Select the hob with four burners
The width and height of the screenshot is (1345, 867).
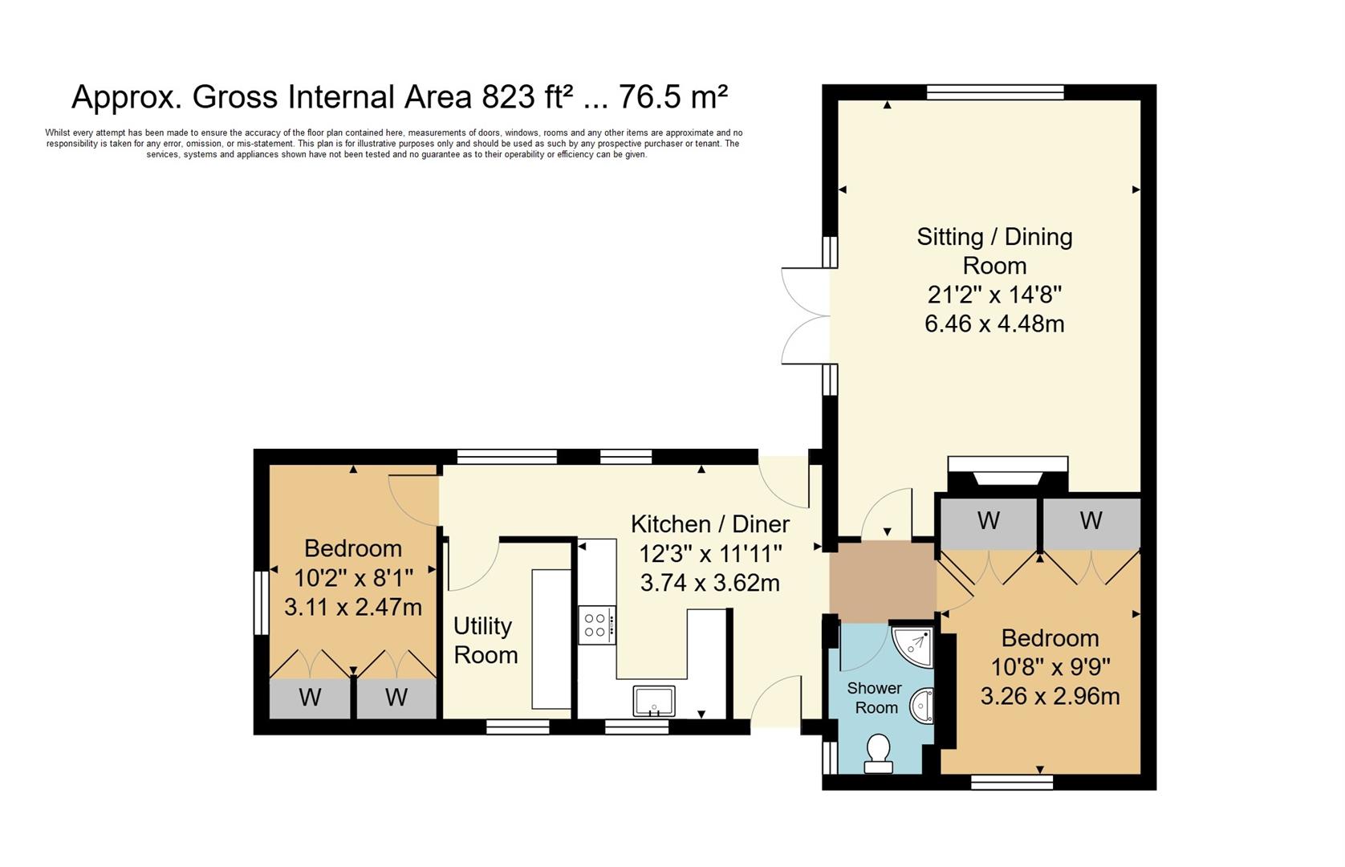point(596,625)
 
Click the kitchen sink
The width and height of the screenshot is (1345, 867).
point(653,701)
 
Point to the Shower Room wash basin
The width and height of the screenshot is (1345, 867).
point(922,706)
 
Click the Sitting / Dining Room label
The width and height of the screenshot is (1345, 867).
point(994,250)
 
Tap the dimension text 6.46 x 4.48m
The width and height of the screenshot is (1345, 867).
point(994,324)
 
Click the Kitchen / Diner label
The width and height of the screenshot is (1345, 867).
point(710,524)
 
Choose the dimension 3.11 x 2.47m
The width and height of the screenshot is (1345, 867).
point(353,607)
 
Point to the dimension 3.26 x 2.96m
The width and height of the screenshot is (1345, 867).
point(1050,695)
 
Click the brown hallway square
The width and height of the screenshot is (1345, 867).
point(883,578)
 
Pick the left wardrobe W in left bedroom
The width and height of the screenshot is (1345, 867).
point(310,698)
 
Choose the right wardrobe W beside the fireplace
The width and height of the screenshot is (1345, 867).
point(1091,521)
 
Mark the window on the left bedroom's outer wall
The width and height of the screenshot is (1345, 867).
point(261,602)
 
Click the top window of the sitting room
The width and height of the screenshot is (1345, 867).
point(995,92)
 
